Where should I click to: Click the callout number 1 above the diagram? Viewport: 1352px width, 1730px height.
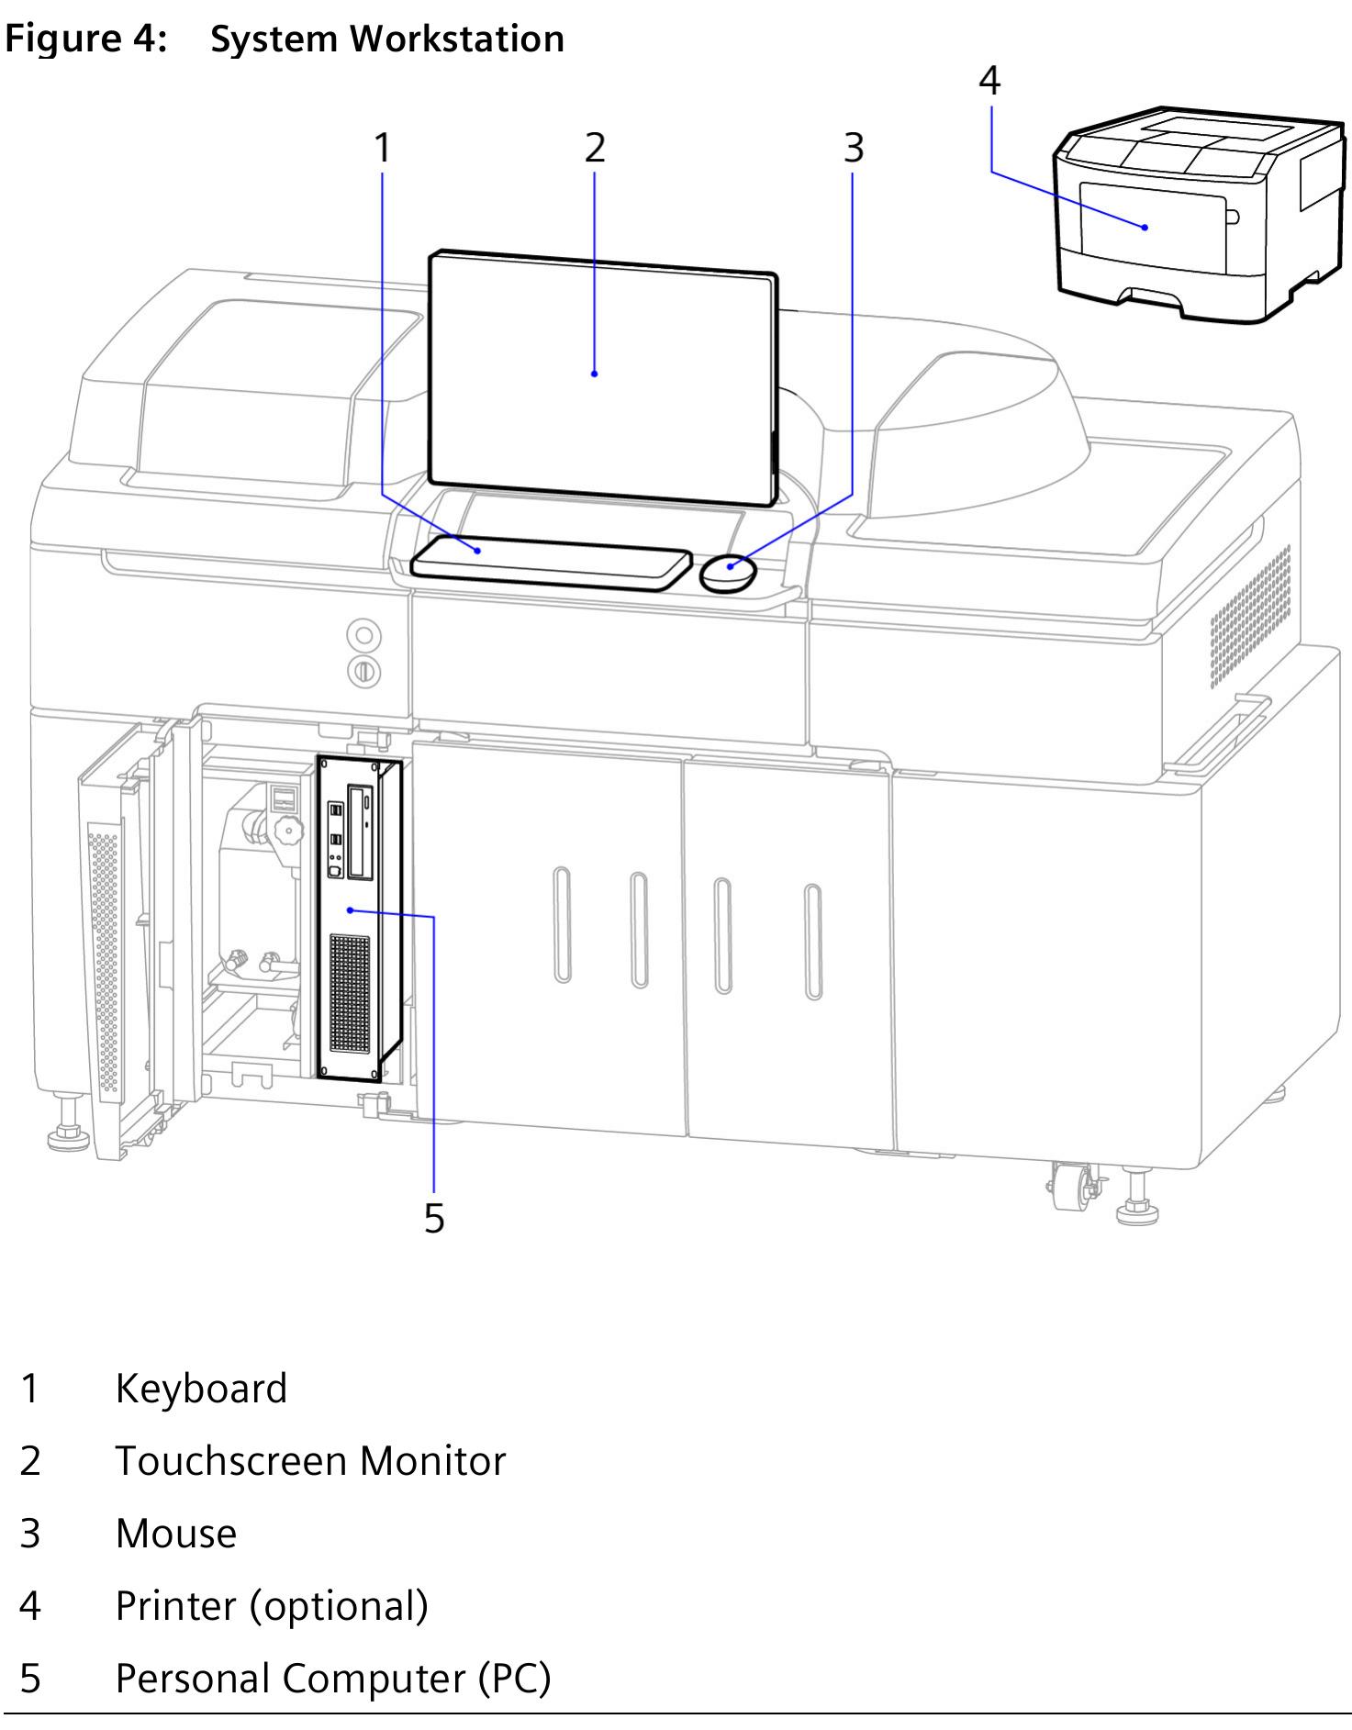383,148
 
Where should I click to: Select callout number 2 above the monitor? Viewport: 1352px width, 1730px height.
595,148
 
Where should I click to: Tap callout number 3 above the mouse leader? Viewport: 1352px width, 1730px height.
854,148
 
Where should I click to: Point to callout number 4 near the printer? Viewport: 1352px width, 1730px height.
989,81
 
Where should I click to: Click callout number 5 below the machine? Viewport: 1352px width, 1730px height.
434,1219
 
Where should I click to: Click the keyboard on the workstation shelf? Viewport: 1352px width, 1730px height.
551,562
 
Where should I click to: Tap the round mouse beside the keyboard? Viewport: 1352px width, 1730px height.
729,573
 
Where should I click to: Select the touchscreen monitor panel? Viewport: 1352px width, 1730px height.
601,376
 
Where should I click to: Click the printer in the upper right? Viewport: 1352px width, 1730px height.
1193,216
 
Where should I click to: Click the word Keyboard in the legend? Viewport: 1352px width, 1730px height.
201,1389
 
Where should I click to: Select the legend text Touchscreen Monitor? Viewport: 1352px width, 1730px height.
310,1461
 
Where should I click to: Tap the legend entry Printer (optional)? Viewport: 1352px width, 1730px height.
272,1606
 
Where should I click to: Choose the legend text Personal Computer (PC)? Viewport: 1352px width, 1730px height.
332,1679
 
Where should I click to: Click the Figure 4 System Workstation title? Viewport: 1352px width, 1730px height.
285,39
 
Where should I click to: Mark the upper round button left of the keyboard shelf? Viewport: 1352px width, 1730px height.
364,635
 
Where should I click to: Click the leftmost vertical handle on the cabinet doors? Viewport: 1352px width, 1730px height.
562,925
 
